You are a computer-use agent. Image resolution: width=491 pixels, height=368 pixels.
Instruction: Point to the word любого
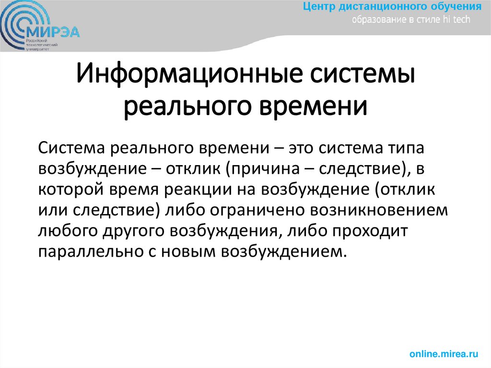(68, 231)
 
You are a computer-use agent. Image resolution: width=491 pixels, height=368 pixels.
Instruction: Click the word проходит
(368, 231)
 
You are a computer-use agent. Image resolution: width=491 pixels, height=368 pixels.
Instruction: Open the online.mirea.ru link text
(444, 354)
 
